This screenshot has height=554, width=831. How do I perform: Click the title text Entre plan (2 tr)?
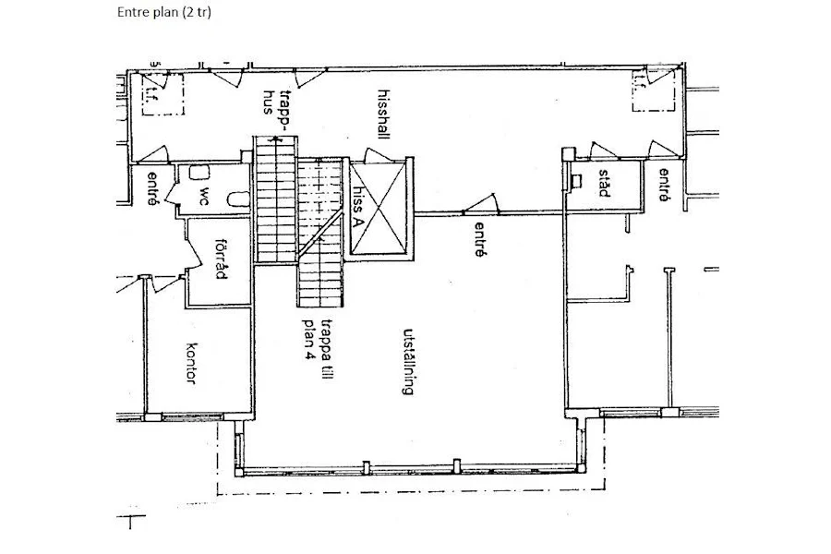(163, 12)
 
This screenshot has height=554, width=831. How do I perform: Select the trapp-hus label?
(277, 110)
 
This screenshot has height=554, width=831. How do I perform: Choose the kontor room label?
(192, 363)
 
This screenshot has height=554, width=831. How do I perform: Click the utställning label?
(408, 362)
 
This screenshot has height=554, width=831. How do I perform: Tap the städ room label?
(604, 183)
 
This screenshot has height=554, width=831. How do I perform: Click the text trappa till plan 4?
(317, 339)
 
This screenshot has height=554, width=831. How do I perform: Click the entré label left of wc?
(153, 188)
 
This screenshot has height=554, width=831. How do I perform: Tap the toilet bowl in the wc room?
(239, 199)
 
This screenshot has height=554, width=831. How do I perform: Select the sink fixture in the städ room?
(575, 182)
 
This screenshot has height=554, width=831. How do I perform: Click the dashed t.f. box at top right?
(654, 90)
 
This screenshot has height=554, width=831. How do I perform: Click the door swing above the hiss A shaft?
(378, 155)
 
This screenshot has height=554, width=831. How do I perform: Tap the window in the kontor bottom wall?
(191, 416)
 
